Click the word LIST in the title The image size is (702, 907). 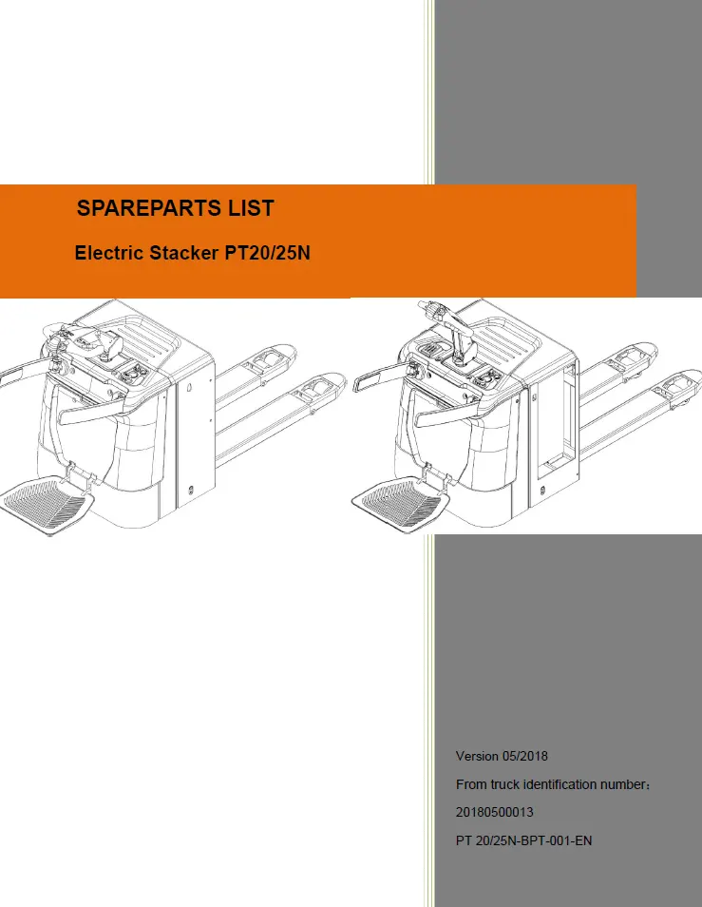(252, 208)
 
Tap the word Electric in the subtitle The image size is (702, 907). (109, 253)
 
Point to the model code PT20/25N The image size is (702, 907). (267, 253)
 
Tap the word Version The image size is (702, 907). (477, 756)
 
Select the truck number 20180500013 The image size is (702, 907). (495, 812)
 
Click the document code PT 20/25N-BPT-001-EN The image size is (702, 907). (524, 840)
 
